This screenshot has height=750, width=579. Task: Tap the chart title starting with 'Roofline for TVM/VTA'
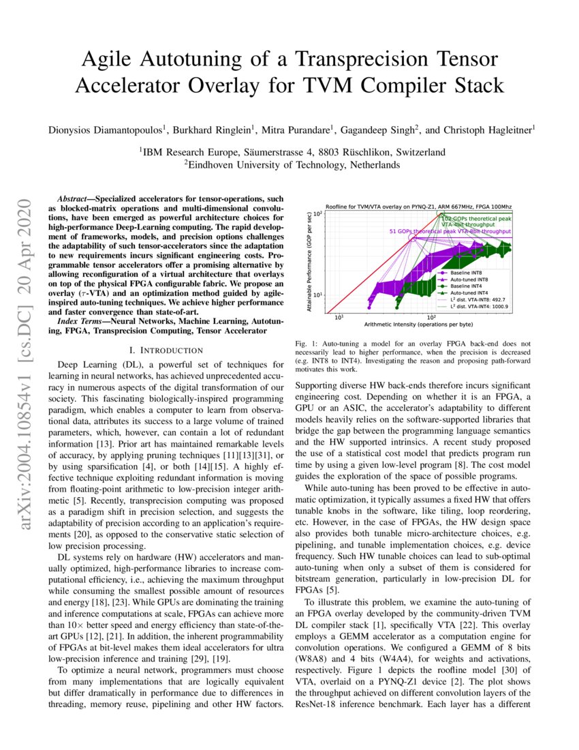click(418, 206)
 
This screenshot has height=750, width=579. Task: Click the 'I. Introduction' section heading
click(167, 350)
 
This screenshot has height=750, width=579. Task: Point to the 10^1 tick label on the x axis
click(339, 317)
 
